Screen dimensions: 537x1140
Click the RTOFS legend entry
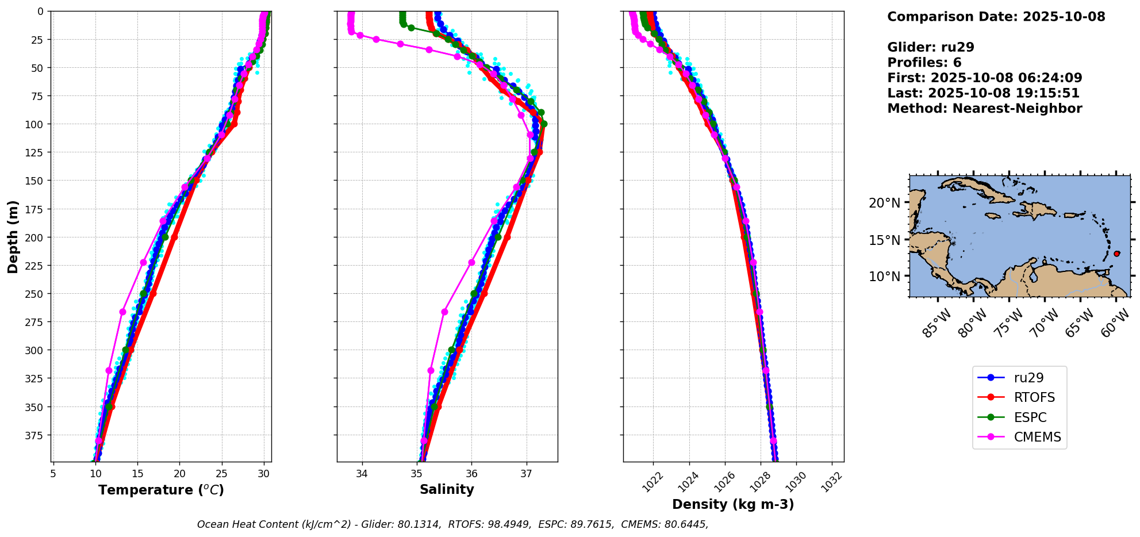[1034, 398]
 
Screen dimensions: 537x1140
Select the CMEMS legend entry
[1037, 437]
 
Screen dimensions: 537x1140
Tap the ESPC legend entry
[1030, 417]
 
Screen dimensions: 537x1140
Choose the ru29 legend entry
[1028, 378]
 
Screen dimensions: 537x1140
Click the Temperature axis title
[161, 490]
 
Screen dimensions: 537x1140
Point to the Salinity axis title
[447, 490]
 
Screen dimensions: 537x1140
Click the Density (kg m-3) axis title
[733, 505]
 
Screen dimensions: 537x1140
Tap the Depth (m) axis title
[13, 236]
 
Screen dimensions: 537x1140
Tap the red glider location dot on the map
[1116, 254]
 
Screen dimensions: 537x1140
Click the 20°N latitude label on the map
[884, 203]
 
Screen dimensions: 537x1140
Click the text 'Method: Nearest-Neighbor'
[984, 109]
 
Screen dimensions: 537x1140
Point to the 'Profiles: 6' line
[924, 63]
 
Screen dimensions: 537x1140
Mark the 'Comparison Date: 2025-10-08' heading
[996, 17]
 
